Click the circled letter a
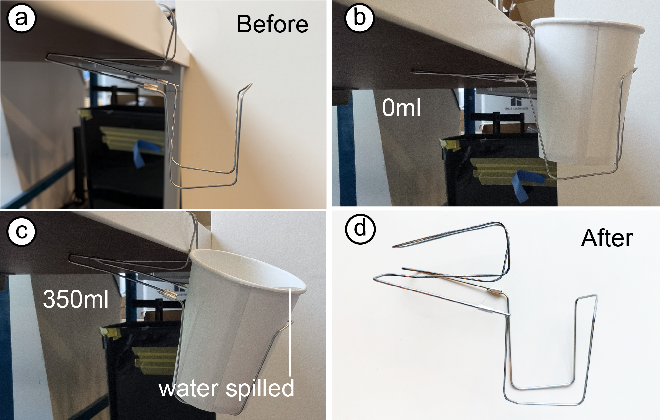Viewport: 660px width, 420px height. point(21,18)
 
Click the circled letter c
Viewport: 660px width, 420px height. point(21,231)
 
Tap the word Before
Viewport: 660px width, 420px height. point(272,24)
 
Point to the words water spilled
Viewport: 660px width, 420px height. point(226,389)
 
